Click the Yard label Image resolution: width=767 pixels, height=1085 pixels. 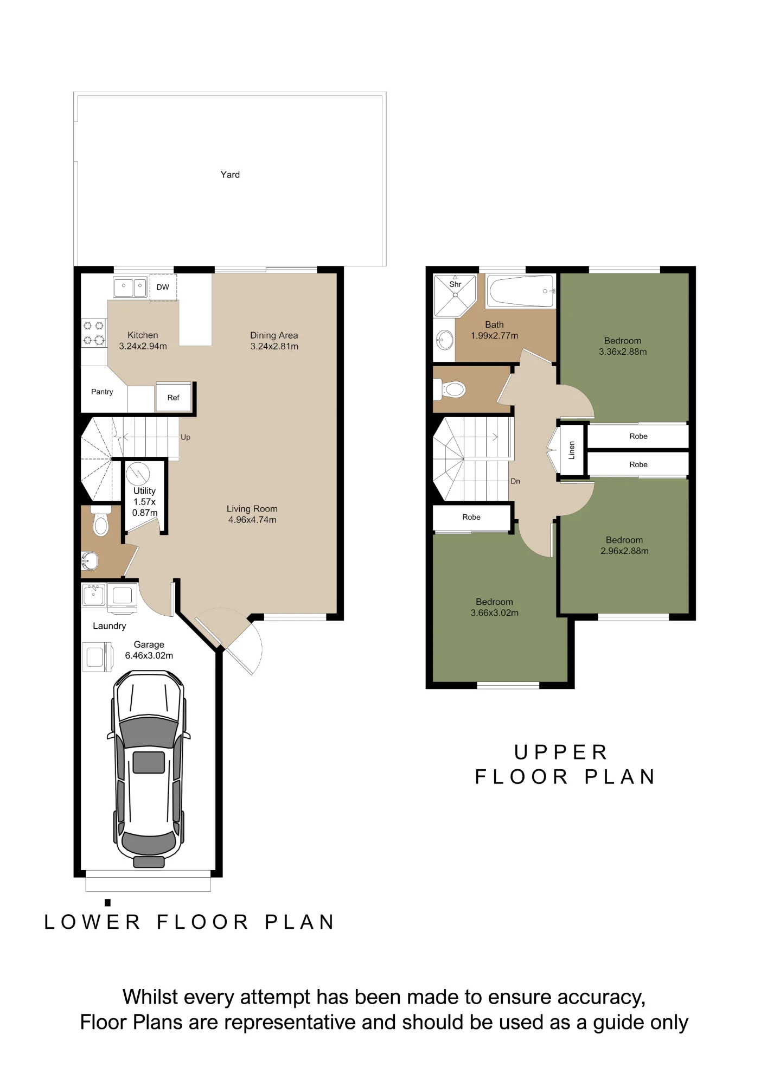[x=230, y=175]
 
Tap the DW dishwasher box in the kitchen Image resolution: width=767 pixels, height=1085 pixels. [x=163, y=287]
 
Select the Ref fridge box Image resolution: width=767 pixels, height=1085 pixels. [x=174, y=398]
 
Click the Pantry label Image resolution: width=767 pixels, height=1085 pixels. [x=102, y=392]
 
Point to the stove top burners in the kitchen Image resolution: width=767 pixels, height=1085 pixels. [x=93, y=333]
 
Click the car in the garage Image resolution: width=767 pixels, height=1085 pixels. [x=149, y=769]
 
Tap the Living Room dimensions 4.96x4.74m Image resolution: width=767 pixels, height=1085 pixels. [x=252, y=520]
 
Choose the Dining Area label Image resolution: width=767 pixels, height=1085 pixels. [x=274, y=335]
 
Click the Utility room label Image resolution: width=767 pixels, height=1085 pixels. [x=145, y=490]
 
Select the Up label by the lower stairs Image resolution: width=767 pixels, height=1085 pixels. [x=186, y=437]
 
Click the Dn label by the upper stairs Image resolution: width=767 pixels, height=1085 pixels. [x=515, y=481]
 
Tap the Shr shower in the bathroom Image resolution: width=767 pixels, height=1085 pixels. [x=455, y=295]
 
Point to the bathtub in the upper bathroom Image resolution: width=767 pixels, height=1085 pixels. [x=521, y=291]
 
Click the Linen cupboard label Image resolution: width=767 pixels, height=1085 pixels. [x=571, y=450]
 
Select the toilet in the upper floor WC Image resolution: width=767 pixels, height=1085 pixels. [x=450, y=389]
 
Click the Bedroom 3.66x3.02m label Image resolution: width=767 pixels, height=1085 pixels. [x=494, y=608]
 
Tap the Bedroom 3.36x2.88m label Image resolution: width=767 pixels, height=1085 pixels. [x=623, y=346]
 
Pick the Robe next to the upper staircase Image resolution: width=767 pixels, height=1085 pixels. [x=471, y=517]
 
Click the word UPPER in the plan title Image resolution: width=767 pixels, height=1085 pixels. [x=561, y=752]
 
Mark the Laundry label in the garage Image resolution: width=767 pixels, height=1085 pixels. [x=110, y=626]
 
